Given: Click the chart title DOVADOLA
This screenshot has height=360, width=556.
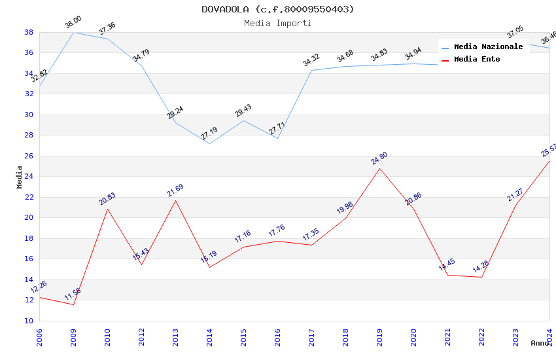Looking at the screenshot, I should coord(277,9).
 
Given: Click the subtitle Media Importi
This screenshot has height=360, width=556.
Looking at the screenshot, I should coord(277,23).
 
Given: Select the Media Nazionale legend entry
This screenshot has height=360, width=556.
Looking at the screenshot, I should coord(488,46).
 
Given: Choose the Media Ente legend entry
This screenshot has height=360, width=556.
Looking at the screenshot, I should coord(477,59).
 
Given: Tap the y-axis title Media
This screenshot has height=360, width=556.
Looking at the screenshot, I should coord(19,177).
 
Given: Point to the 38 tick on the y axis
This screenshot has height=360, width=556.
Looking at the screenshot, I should coord(29,32).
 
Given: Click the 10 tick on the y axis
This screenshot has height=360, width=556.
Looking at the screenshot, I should coord(29,321).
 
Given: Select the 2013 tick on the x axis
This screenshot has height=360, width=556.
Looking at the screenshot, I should coord(175,336).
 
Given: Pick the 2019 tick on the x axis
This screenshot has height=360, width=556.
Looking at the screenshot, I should coord(379,336).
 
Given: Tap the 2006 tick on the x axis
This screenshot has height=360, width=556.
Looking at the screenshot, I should coord(39,336).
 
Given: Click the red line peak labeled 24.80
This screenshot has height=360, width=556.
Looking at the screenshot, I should coord(379,168).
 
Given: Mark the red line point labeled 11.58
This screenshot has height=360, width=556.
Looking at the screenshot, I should coord(73,304).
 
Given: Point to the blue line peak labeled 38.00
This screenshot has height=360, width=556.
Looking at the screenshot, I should coord(73,32).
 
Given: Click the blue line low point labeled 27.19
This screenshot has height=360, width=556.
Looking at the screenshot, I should coord(209,143).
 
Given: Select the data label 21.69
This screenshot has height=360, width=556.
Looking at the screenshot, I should coord(175,190).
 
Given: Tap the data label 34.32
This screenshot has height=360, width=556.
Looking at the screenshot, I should coord(311,61).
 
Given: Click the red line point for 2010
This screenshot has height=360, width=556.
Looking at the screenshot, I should coord(107,209).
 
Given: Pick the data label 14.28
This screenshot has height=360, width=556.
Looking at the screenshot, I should coord(481,267).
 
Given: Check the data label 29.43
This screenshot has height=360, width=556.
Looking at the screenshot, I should coord(243,111).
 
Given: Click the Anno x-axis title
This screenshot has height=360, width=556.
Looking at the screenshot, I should coord(540,343).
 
